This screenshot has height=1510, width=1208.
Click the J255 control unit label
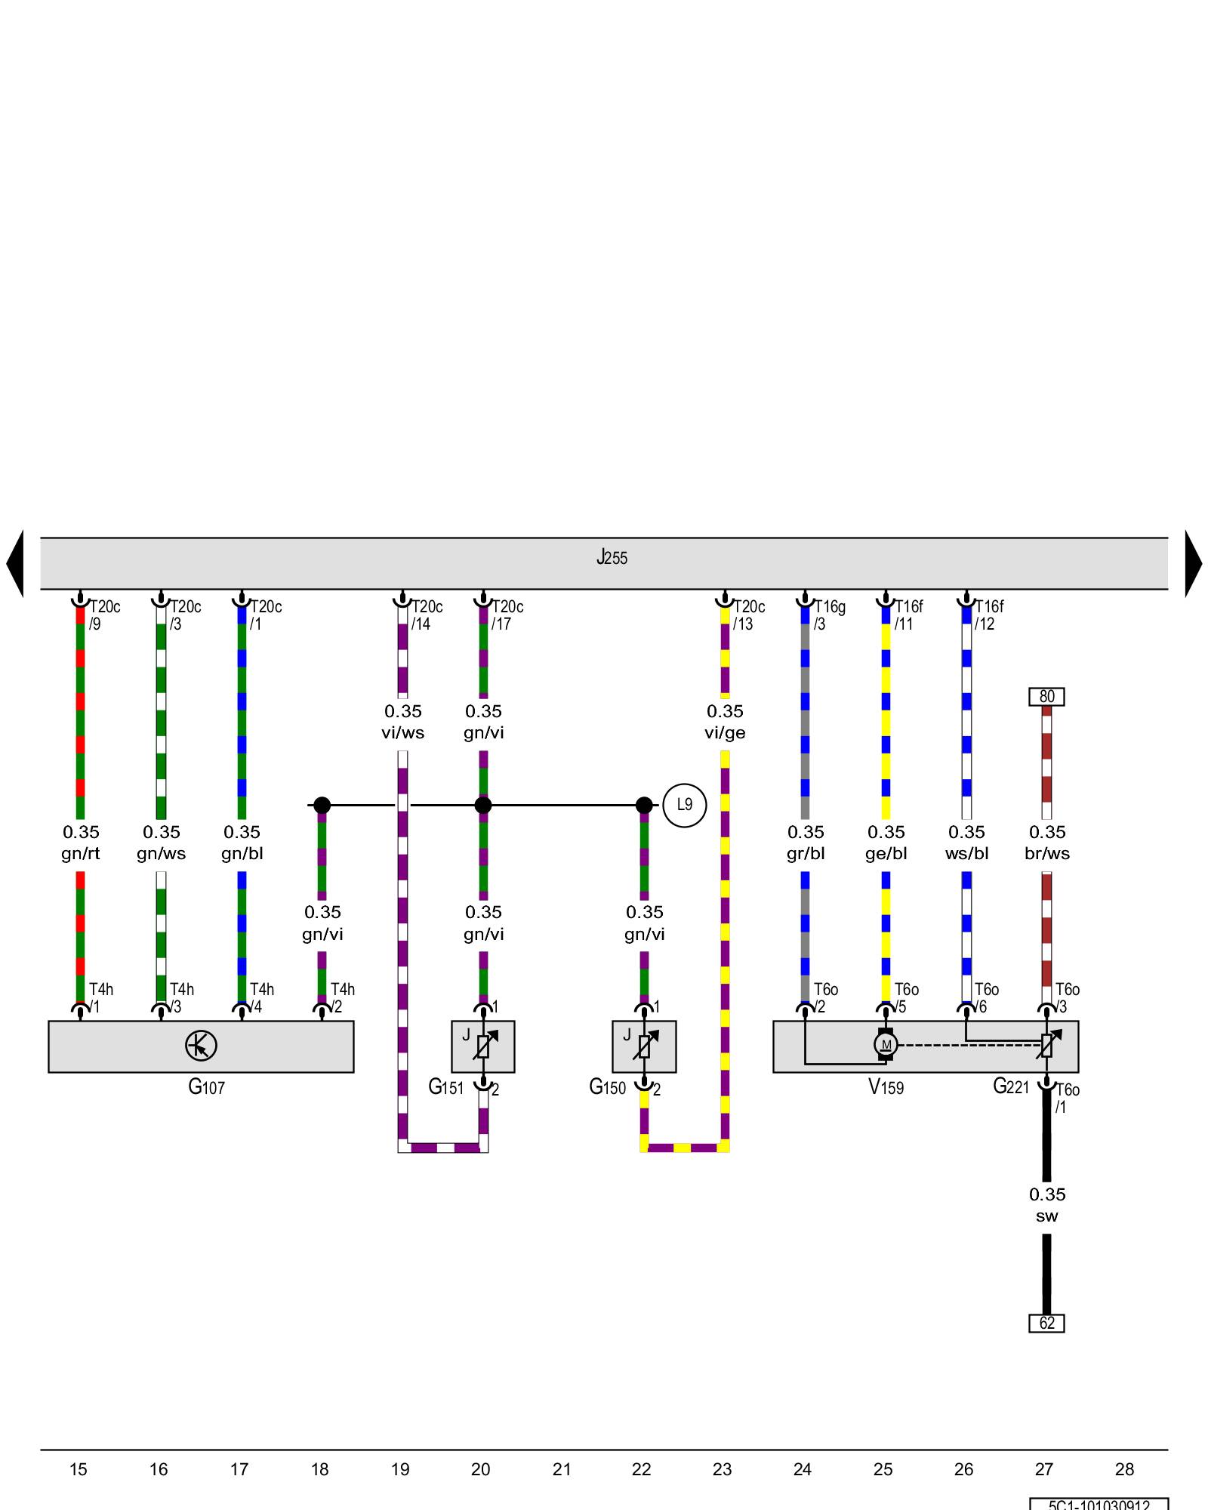point(612,558)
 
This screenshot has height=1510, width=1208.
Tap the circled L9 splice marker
point(684,805)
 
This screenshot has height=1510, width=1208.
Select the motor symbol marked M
point(886,1045)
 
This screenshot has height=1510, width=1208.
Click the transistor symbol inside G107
point(201,1046)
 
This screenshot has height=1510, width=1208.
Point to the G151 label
point(445,1087)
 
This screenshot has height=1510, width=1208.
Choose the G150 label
point(607,1087)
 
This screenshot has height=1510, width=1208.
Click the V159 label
point(886,1087)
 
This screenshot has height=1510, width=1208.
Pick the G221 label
point(1010,1087)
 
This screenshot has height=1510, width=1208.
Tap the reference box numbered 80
point(1046,696)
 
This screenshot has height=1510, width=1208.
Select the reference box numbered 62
point(1046,1323)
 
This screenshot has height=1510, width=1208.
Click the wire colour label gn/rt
point(81,854)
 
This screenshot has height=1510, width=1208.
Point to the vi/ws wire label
point(402,733)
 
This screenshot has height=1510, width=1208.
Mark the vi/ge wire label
point(725,733)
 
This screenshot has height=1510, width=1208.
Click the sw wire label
point(1046,1216)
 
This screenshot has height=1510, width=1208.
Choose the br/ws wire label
point(1046,854)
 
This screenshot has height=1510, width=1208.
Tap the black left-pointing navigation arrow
point(15,563)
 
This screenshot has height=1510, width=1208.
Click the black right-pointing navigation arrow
point(1193,563)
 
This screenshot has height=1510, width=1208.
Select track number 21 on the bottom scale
point(561,1469)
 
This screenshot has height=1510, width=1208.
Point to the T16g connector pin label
point(829,607)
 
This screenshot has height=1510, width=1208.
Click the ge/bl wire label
point(886,854)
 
